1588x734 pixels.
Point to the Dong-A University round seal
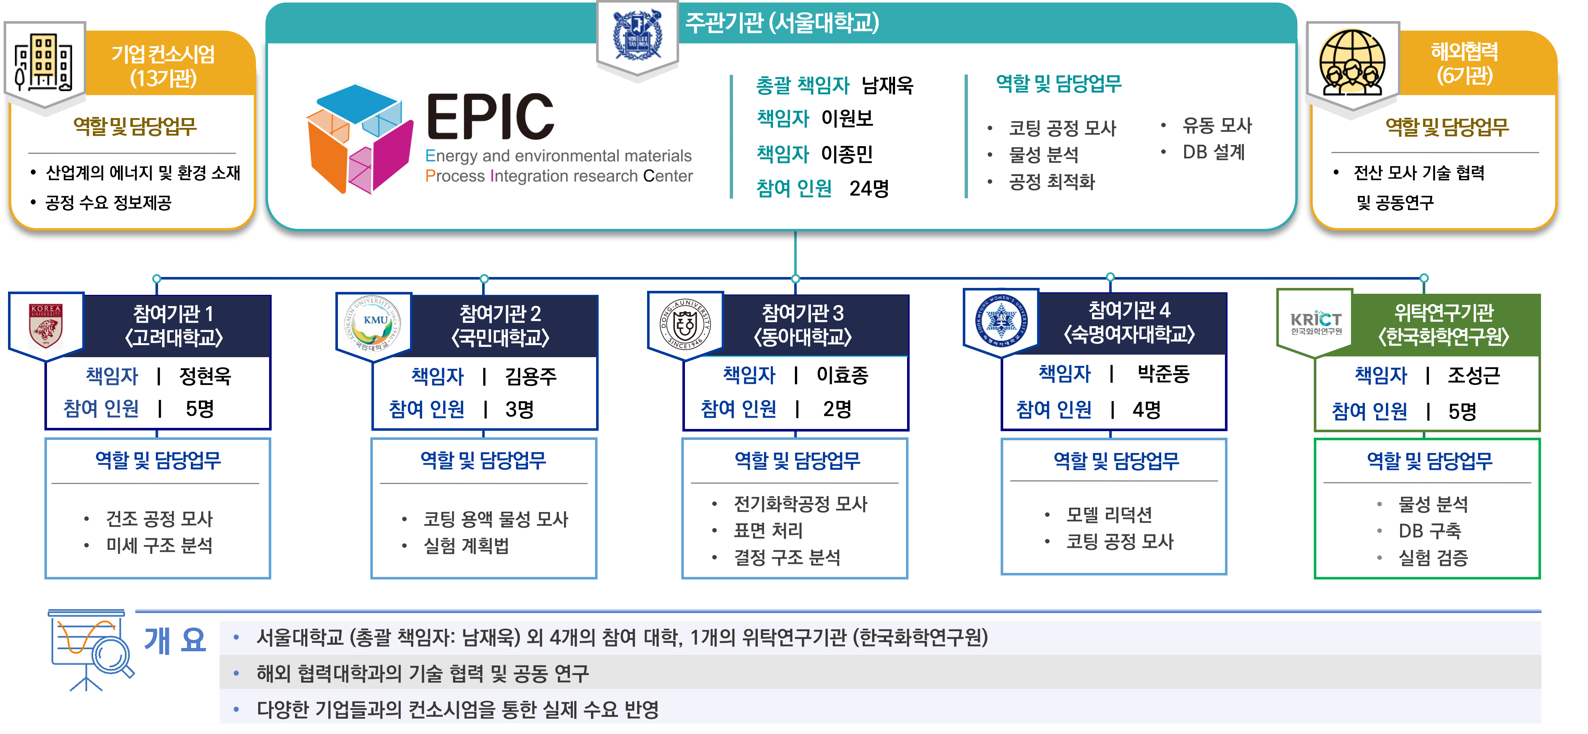[686, 324]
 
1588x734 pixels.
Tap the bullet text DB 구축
[1430, 530]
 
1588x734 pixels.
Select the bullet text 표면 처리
[768, 530]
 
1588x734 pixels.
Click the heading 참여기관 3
[803, 313]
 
